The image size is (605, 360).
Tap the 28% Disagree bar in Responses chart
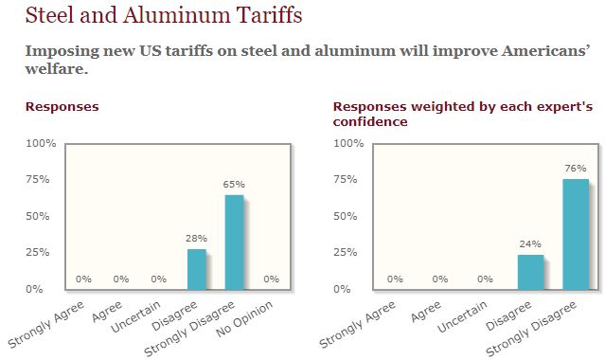point(196,269)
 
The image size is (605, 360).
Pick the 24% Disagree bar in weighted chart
point(531,271)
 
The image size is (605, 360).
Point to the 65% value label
point(234,184)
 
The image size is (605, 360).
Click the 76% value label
point(575,169)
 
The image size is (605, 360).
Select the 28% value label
point(196,238)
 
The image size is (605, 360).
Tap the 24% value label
point(531,243)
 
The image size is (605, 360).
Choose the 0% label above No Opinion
point(272,279)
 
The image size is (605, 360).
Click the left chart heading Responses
point(62,107)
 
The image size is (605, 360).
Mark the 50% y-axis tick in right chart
point(351,216)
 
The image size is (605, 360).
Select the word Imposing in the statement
point(60,50)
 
